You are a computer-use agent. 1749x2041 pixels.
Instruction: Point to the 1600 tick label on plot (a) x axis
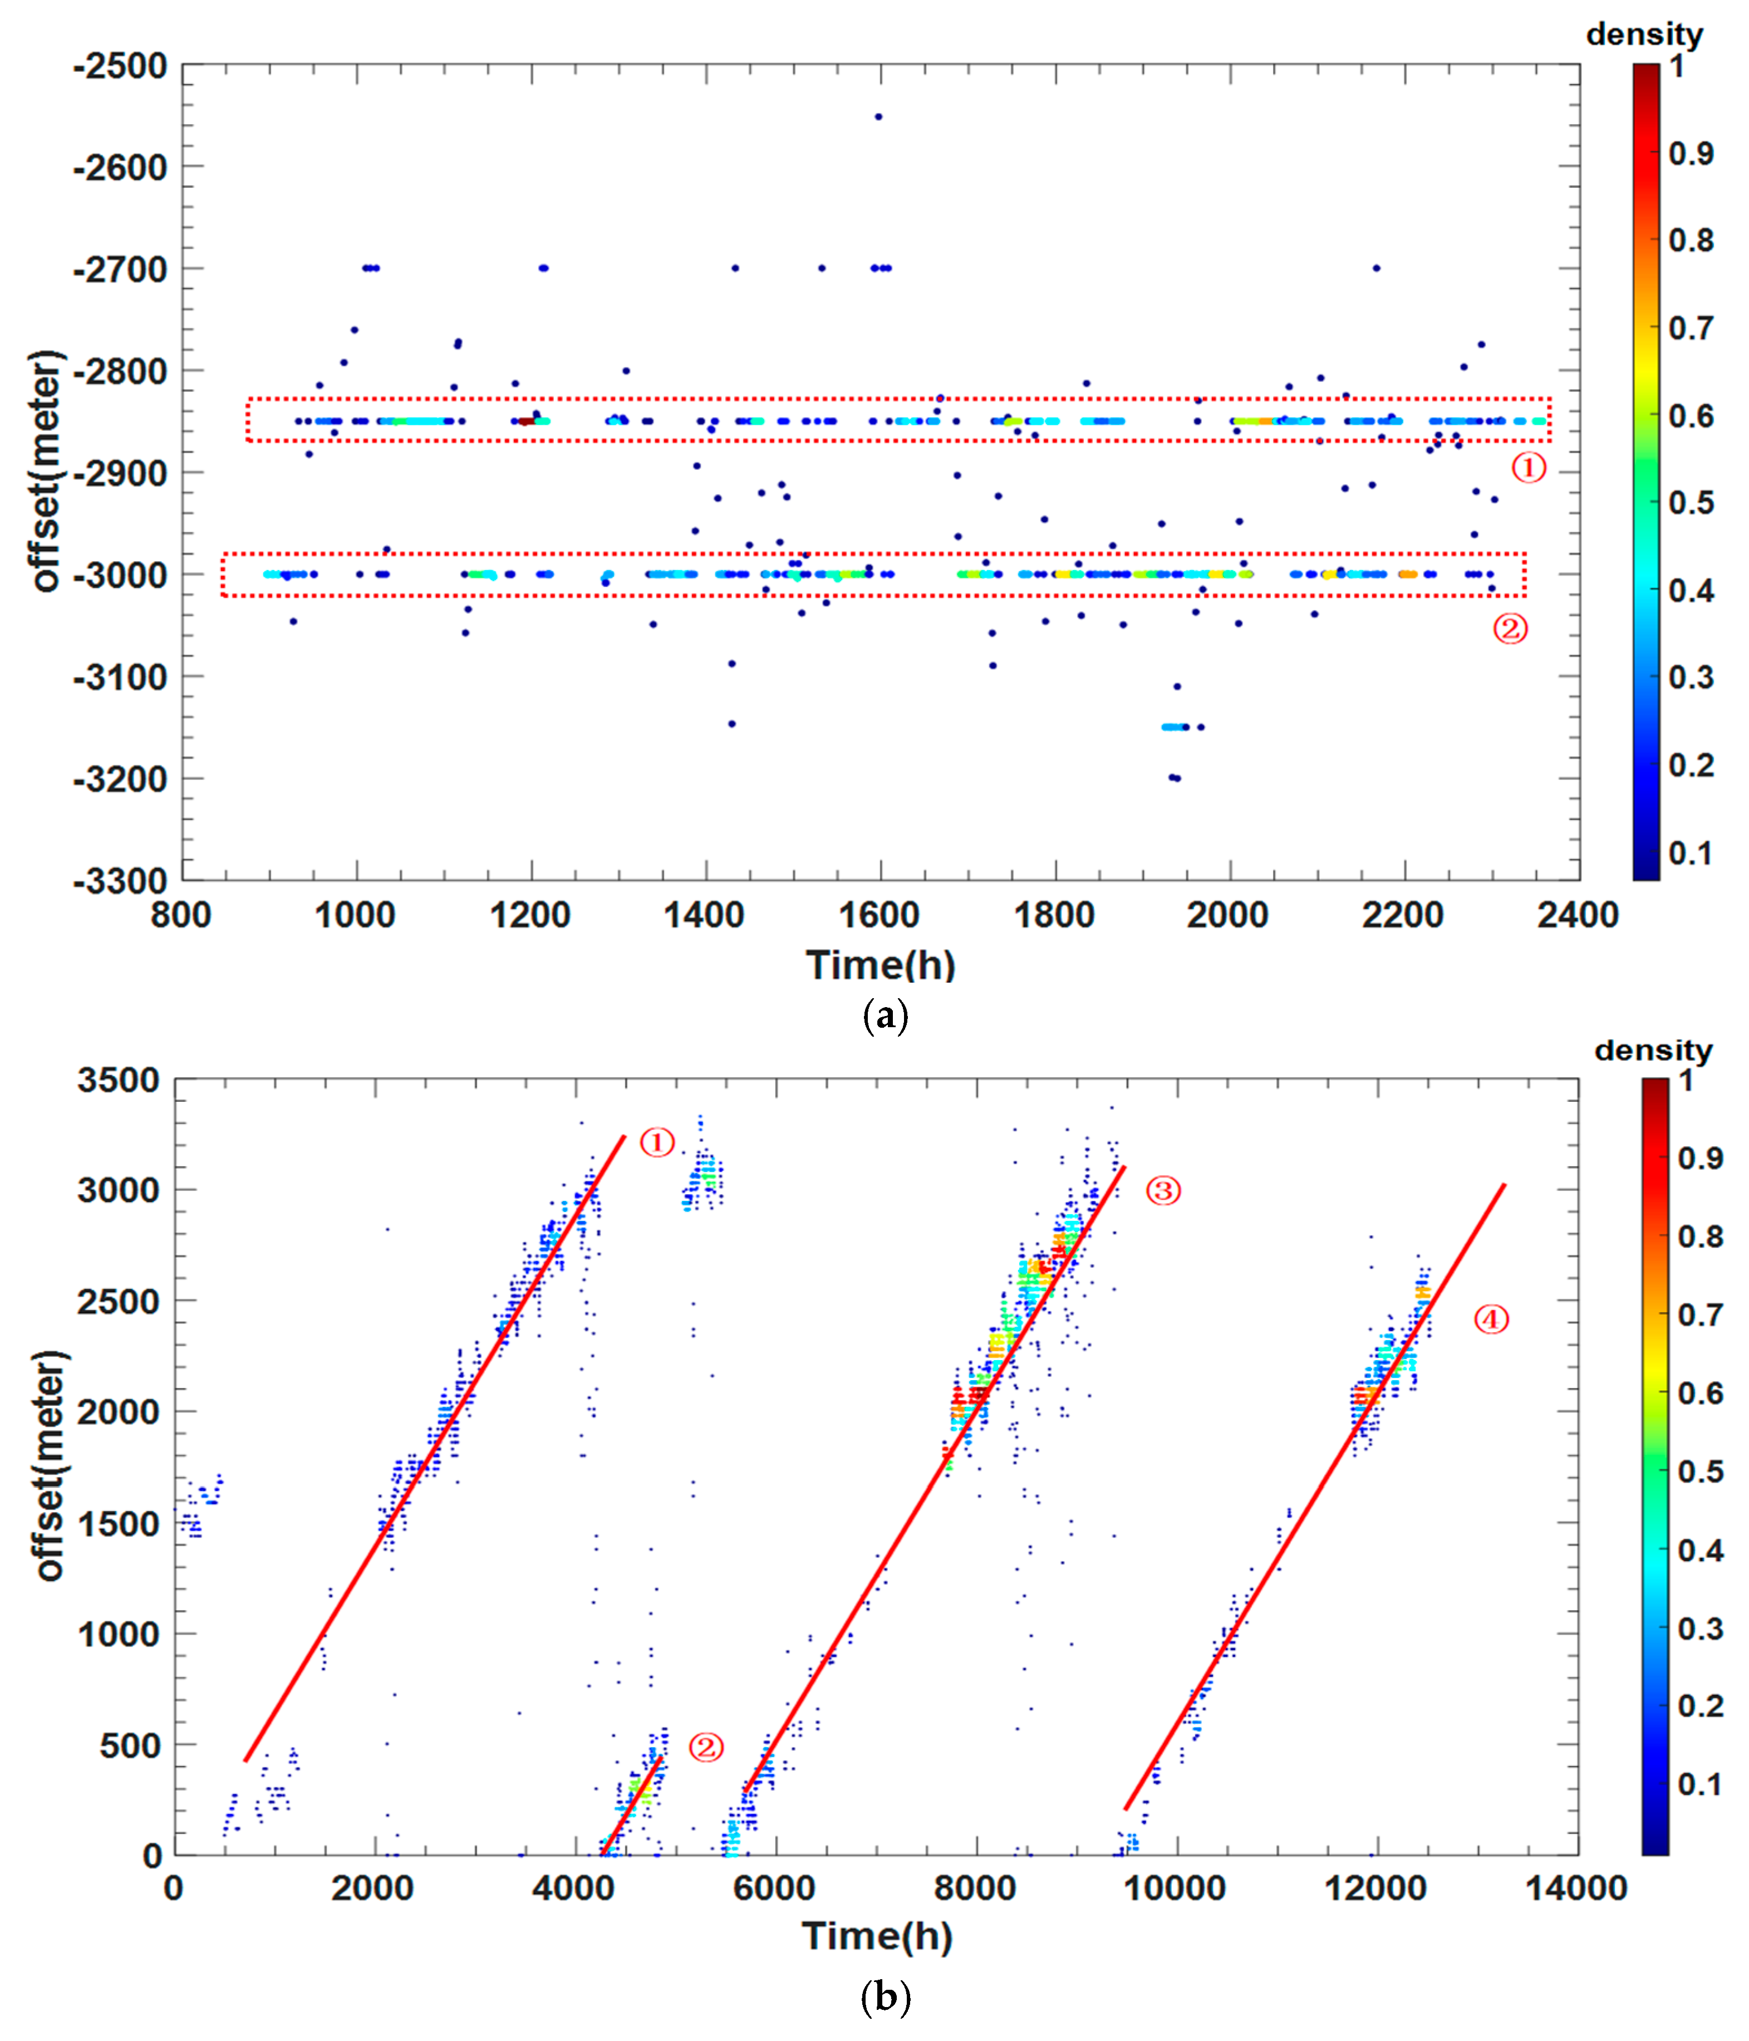[x=878, y=915]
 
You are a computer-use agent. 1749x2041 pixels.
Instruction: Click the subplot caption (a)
[x=885, y=1014]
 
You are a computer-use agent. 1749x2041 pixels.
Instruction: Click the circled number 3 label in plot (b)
[x=1163, y=1191]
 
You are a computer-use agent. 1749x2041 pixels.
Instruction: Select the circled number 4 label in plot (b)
[x=1491, y=1320]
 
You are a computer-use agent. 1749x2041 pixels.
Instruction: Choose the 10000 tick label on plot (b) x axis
[x=1175, y=1888]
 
